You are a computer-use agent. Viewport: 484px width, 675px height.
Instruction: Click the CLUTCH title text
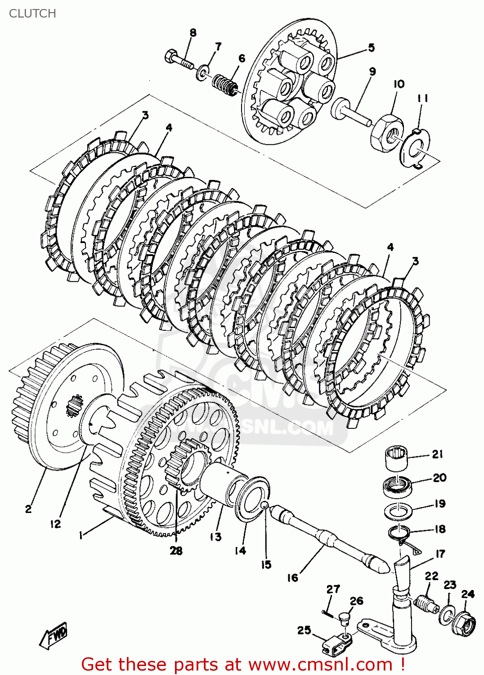(x=32, y=13)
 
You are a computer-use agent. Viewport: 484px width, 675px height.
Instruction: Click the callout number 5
(x=371, y=48)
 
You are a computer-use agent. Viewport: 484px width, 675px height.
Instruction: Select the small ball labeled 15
(x=265, y=506)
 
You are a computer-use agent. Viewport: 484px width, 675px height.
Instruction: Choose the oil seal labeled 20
(x=397, y=486)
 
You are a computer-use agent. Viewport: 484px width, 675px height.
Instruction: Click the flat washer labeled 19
(x=399, y=511)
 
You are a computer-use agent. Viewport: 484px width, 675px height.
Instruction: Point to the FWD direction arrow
(x=54, y=635)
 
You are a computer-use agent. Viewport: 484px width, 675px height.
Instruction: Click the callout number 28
(x=176, y=550)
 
